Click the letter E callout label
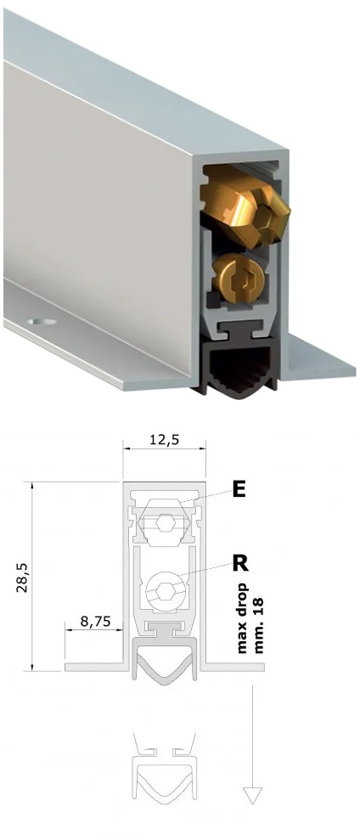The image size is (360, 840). [x=239, y=489]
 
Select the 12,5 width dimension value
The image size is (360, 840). [x=165, y=440]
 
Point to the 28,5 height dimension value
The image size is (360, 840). [x=22, y=577]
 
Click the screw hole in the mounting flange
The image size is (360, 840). [x=42, y=323]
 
